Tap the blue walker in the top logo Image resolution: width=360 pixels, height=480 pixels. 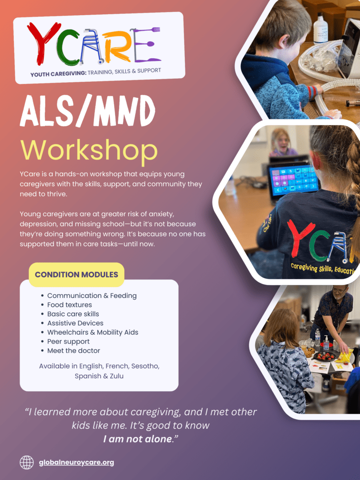pyautogui.click(x=91, y=46)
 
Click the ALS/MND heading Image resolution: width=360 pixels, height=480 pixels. pyautogui.click(x=88, y=111)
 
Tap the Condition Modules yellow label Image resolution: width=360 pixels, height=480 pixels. pyautogui.click(x=76, y=275)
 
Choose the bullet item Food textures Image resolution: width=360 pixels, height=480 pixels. pyautogui.click(x=69, y=305)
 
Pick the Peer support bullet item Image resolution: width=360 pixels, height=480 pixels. pyautogui.click(x=68, y=342)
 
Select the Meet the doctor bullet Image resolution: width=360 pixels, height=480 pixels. pyautogui.click(x=73, y=351)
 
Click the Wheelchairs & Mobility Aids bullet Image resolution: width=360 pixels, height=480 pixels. pyautogui.click(x=92, y=332)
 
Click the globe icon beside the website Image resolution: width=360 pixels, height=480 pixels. pyautogui.click(x=27, y=462)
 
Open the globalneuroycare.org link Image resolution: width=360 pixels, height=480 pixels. pyautogui.click(x=76, y=463)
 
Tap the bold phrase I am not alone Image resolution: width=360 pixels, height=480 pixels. pyautogui.click(x=137, y=439)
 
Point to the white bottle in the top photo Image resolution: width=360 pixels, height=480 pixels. pyautogui.click(x=320, y=28)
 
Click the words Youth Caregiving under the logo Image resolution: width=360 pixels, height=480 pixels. pyautogui.click(x=58, y=74)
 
